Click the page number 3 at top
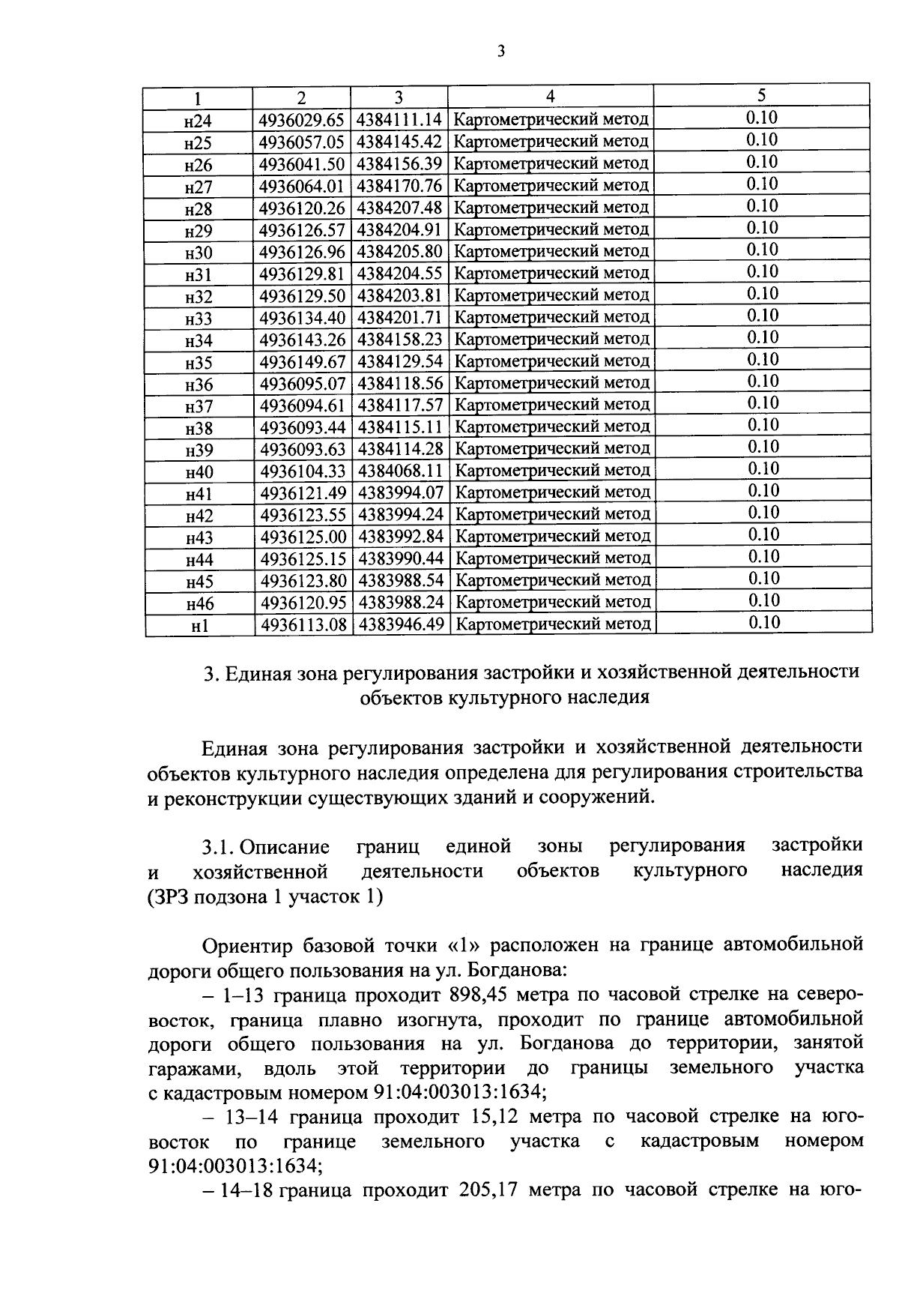click(500, 51)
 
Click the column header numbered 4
click(551, 96)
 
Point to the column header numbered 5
click(762, 95)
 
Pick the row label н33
click(199, 319)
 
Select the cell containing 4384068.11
click(400, 471)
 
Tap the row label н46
click(199, 603)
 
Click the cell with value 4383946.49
click(401, 624)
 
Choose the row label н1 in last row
click(199, 626)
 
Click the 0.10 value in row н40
click(763, 469)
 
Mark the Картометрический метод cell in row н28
click(552, 208)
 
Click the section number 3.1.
click(219, 847)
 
